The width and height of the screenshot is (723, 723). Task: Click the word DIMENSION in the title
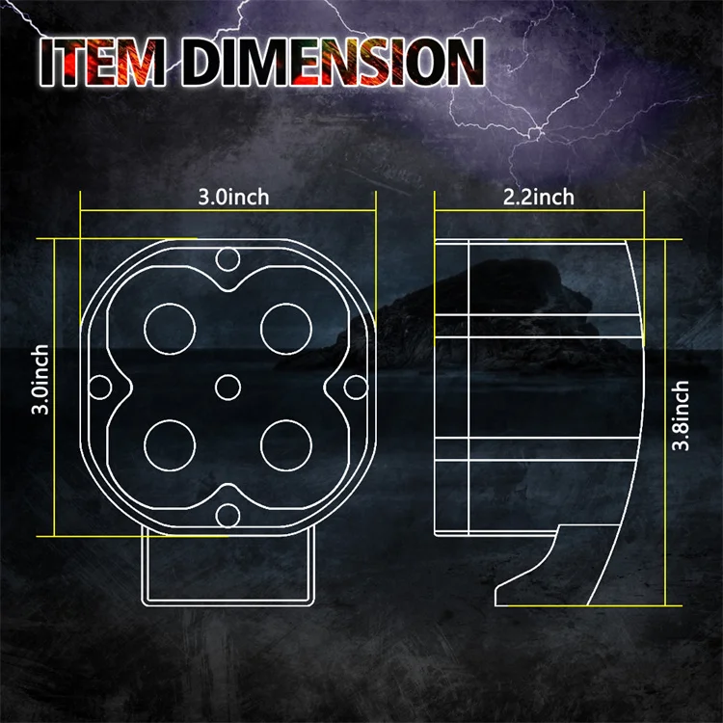pos(328,64)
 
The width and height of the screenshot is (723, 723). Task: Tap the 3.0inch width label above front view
pos(233,198)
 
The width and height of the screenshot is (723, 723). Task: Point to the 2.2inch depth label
pos(540,198)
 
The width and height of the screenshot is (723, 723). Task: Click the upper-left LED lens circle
pos(170,326)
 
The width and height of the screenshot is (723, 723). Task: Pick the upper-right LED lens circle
pos(285,326)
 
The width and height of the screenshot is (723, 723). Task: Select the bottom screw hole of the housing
pos(228,514)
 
